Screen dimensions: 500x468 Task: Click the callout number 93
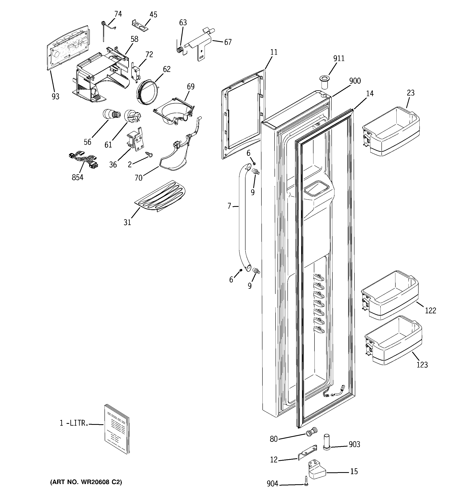(x=55, y=97)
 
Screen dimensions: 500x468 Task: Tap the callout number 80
(x=274, y=439)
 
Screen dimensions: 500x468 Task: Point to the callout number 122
(x=430, y=311)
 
